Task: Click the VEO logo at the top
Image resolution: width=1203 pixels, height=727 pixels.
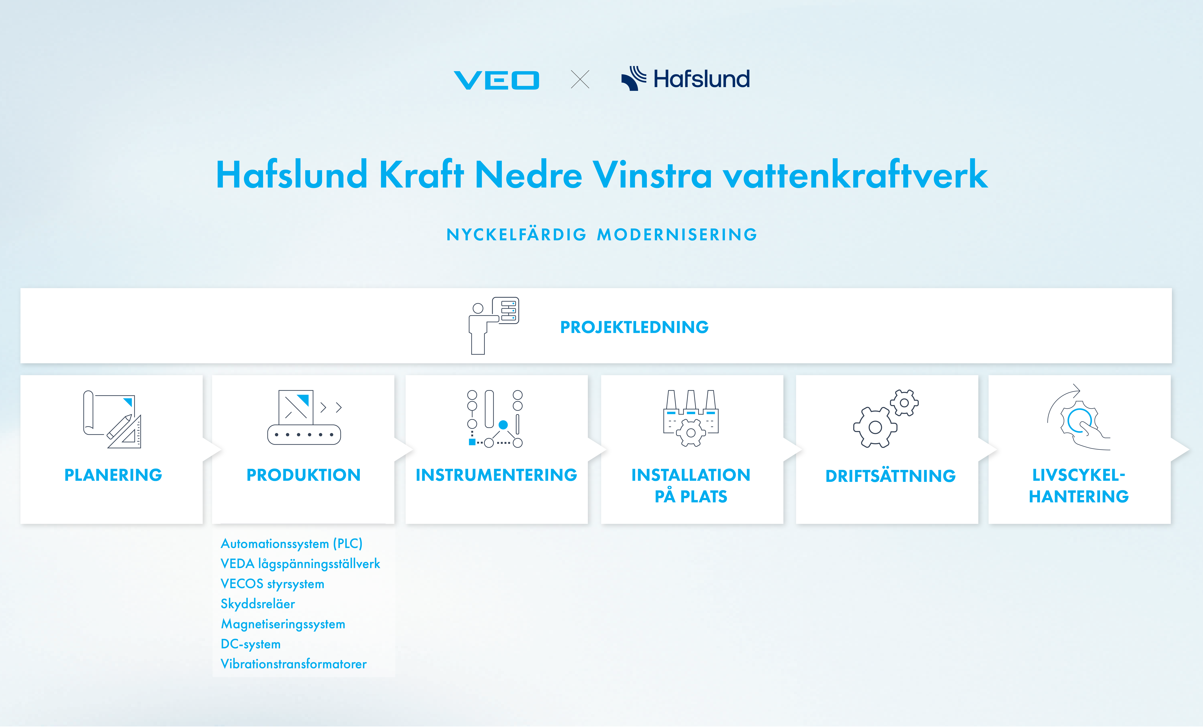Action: [497, 80]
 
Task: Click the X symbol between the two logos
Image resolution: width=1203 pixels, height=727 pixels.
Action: [580, 79]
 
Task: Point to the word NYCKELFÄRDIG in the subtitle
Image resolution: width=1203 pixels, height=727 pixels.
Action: [516, 235]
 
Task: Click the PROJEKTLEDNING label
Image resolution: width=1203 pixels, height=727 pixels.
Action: [634, 327]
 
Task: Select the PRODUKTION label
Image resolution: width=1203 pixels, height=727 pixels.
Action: [303, 475]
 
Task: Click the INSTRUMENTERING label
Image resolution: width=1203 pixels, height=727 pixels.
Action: [496, 475]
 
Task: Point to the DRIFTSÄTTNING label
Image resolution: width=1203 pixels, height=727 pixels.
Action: [890, 476]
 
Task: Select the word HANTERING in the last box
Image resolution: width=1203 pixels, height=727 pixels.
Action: [1078, 497]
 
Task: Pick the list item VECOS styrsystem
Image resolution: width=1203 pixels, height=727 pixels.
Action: [272, 584]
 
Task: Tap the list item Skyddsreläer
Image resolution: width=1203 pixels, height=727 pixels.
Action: [258, 604]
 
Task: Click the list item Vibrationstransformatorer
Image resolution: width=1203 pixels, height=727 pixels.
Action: [293, 664]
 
